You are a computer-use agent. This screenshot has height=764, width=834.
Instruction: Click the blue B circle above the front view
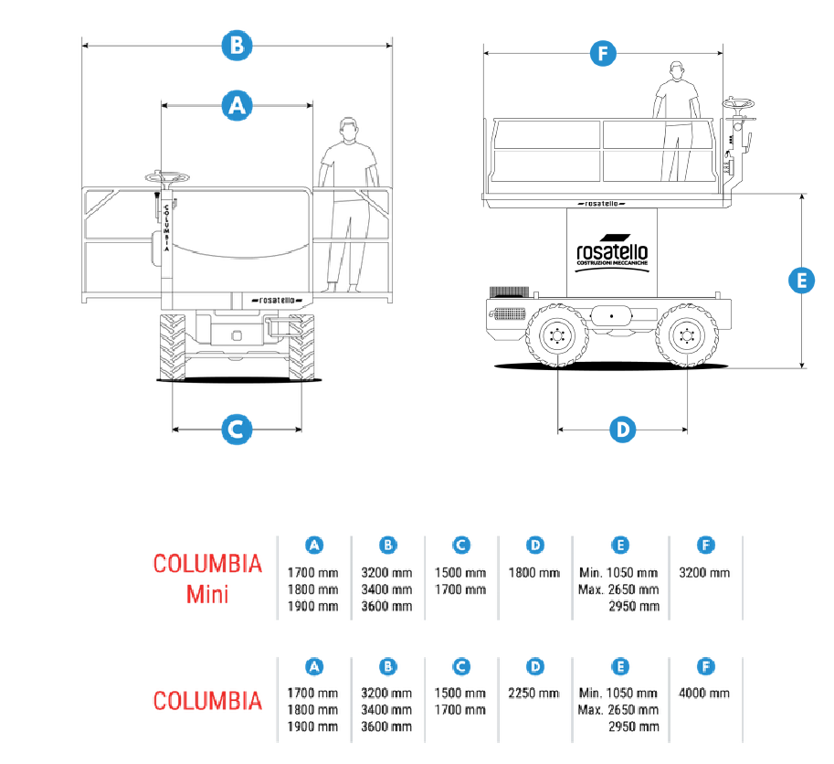point(237,46)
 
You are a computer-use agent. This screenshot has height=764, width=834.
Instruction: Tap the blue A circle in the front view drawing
point(237,105)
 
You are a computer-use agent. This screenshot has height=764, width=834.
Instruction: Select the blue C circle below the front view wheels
point(236,429)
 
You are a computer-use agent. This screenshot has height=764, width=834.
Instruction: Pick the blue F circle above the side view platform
point(601,54)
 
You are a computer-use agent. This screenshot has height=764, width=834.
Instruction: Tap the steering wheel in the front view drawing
point(168,177)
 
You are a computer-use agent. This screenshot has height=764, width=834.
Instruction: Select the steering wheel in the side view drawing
point(738,105)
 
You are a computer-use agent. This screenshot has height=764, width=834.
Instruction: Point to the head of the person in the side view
point(677,69)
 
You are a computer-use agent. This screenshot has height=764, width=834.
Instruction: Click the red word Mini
point(207,593)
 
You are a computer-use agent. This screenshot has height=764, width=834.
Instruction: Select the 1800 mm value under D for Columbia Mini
point(534,572)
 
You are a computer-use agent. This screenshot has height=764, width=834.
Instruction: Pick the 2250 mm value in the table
point(534,694)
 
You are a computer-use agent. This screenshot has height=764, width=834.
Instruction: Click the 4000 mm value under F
point(705,694)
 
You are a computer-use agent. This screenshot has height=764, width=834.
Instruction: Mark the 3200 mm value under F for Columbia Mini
point(705,572)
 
